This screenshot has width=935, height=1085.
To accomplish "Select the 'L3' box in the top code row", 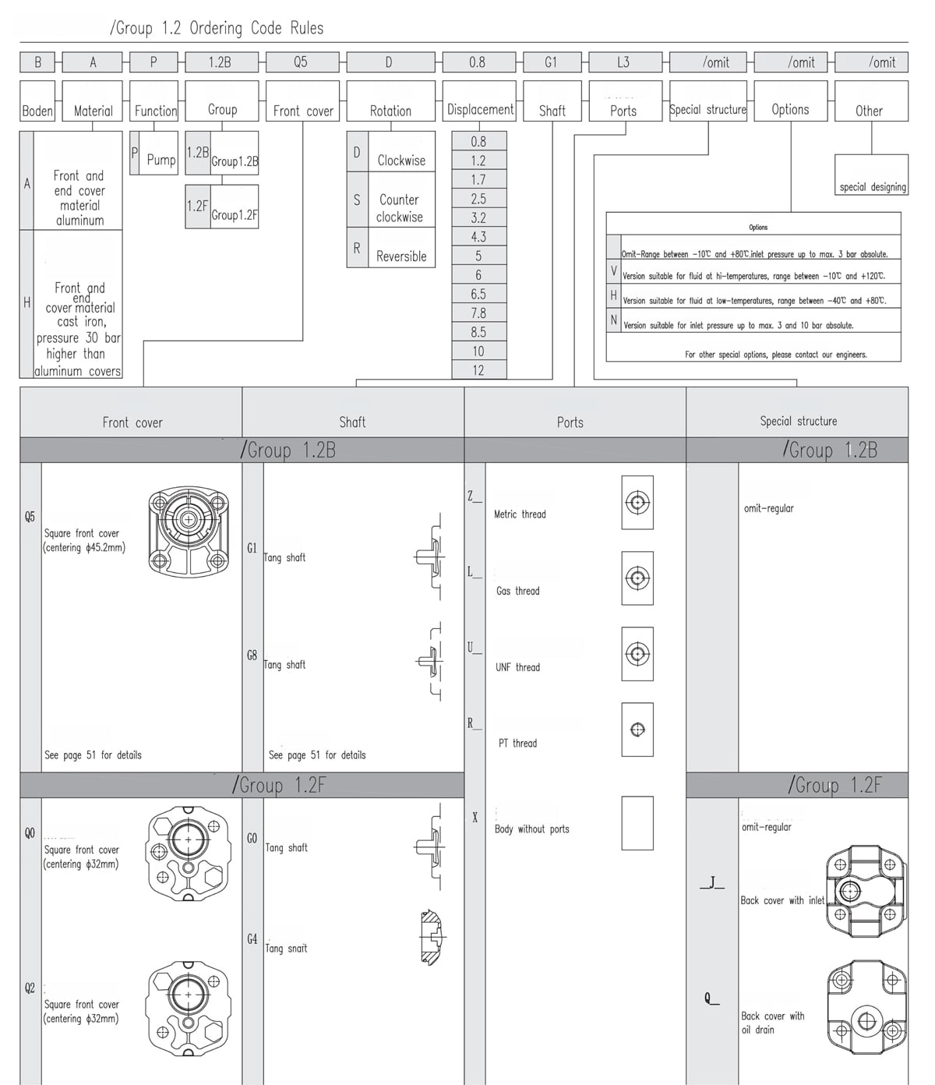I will point(624,62).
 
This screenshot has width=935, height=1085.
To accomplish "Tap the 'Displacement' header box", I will point(479,110).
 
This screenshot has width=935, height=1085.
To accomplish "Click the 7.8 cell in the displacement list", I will point(478,313).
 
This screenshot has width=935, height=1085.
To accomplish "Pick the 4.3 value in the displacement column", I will point(478,237).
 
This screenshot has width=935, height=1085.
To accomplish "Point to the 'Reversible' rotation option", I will point(401,256).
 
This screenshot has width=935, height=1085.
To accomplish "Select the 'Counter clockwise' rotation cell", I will point(400,208).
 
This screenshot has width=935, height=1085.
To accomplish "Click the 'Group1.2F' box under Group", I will point(234,214).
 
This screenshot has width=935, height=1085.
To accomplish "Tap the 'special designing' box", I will point(872,186).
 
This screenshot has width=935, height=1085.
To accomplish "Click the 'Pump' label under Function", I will point(161,160).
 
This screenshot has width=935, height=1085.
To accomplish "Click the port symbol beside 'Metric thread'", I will point(637,503).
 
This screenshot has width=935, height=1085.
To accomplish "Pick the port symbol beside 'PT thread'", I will point(637,730).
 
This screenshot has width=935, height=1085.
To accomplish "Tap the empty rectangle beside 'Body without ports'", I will point(637,822).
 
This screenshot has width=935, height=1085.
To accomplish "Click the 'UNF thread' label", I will point(517,667).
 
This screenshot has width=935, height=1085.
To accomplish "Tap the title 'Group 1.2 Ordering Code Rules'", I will point(217,28).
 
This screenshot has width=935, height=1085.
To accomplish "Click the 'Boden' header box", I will point(37,110).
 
